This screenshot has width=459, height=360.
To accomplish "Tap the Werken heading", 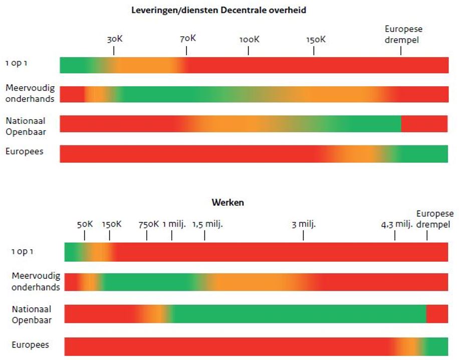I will click(x=227, y=203).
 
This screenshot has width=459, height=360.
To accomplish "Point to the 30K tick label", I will click(x=114, y=39).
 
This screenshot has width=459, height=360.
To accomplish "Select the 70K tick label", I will click(x=187, y=39).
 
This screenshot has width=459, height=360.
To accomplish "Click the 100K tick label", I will click(x=249, y=39).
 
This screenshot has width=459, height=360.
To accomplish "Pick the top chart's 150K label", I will click(x=316, y=39).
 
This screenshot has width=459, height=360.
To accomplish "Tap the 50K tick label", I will click(x=85, y=224).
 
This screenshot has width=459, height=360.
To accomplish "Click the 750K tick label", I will click(x=148, y=224).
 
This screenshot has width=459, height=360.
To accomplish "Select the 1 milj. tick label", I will click(x=174, y=224).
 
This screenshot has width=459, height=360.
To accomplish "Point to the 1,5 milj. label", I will click(x=207, y=224).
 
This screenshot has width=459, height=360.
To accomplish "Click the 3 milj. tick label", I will click(x=304, y=224).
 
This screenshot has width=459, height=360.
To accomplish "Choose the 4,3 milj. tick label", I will click(x=396, y=224).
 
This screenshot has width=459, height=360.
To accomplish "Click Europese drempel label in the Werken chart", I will click(x=434, y=219).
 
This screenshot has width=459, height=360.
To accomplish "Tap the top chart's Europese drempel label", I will click(x=403, y=34).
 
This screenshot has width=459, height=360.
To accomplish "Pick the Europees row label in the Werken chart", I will click(x=31, y=345).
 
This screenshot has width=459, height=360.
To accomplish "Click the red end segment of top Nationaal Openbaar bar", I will click(x=424, y=124).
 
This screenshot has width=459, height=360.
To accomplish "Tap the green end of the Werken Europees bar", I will click(x=437, y=346).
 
